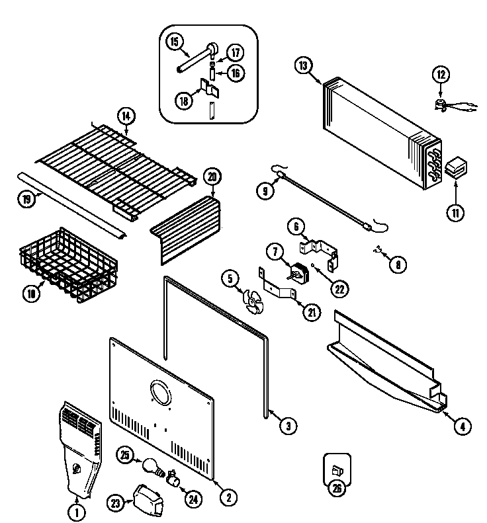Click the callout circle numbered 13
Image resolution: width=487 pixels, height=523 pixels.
[304, 65]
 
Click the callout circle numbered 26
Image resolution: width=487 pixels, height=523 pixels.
[337, 489]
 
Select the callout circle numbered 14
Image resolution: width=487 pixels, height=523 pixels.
[126, 116]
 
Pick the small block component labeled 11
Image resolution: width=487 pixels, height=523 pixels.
[455, 169]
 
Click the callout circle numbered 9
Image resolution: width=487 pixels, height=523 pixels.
[265, 190]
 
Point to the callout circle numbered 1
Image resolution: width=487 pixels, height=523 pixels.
[77, 510]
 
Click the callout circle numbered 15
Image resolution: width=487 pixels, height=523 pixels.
[175, 42]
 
